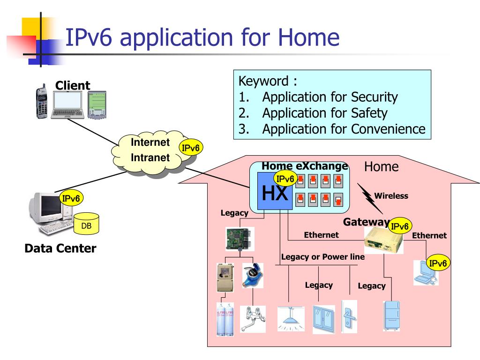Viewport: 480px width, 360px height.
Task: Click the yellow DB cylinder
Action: coord(86,224)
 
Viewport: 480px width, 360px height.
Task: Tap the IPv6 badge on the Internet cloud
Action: coord(190,148)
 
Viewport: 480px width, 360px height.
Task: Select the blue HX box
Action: coord(275,191)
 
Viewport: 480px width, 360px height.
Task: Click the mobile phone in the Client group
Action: coord(42,101)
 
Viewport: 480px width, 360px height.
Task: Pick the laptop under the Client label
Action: coord(67,105)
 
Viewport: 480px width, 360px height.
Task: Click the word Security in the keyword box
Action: coord(374,97)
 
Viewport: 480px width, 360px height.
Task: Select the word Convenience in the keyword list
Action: coord(388,129)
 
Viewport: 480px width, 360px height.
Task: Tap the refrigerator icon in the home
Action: coord(391,315)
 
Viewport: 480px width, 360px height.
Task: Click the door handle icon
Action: coord(349,316)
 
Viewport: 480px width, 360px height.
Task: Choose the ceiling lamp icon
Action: coord(291,318)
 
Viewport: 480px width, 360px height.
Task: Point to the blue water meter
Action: coord(253,276)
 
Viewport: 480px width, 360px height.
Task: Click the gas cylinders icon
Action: coord(225,319)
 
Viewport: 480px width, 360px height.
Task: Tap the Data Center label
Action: coord(60,248)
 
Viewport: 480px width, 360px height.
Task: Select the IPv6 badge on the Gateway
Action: coord(400,226)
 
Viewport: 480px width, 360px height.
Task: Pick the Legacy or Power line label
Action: coord(323,257)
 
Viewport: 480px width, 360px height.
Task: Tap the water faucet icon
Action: coord(253,319)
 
